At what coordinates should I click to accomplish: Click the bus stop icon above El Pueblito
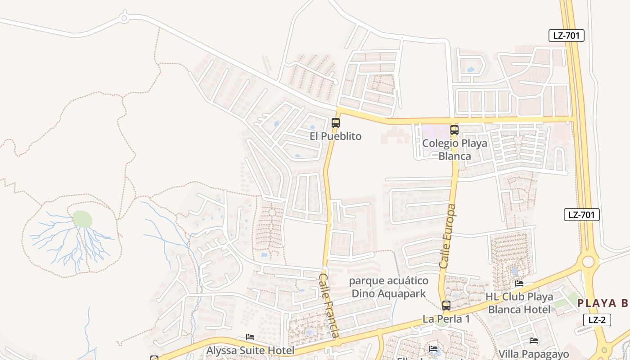(335, 122)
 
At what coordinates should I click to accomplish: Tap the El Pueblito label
(335, 136)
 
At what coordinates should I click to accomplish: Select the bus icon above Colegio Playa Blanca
(454, 130)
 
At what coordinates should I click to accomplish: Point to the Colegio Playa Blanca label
(454, 150)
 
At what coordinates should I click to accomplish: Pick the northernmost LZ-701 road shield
(566, 36)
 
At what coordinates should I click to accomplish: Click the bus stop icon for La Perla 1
(446, 305)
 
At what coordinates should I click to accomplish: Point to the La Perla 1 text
(446, 319)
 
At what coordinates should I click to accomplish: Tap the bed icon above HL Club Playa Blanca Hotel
(519, 283)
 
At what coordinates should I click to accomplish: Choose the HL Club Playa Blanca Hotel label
(519, 303)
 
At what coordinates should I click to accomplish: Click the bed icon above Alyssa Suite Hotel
(250, 337)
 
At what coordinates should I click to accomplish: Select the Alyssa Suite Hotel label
(250, 350)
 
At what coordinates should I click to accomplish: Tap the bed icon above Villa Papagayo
(534, 341)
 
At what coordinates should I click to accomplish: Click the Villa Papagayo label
(534, 354)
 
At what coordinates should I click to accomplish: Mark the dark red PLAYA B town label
(603, 303)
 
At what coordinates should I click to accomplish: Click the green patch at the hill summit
(82, 219)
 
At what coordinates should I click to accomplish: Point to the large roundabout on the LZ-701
(589, 261)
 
